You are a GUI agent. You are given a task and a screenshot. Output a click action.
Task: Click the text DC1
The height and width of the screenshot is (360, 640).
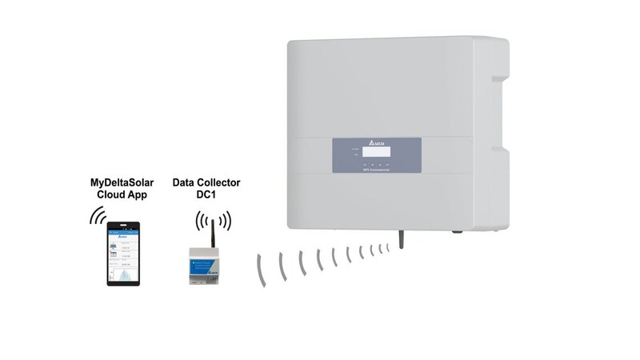(207, 196)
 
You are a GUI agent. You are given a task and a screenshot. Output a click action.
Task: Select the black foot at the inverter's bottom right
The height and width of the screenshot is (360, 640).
(455, 233)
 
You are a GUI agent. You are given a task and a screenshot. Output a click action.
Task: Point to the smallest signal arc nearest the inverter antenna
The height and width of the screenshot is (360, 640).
(387, 247)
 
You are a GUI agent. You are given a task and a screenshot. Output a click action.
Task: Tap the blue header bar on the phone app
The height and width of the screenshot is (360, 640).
(123, 232)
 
